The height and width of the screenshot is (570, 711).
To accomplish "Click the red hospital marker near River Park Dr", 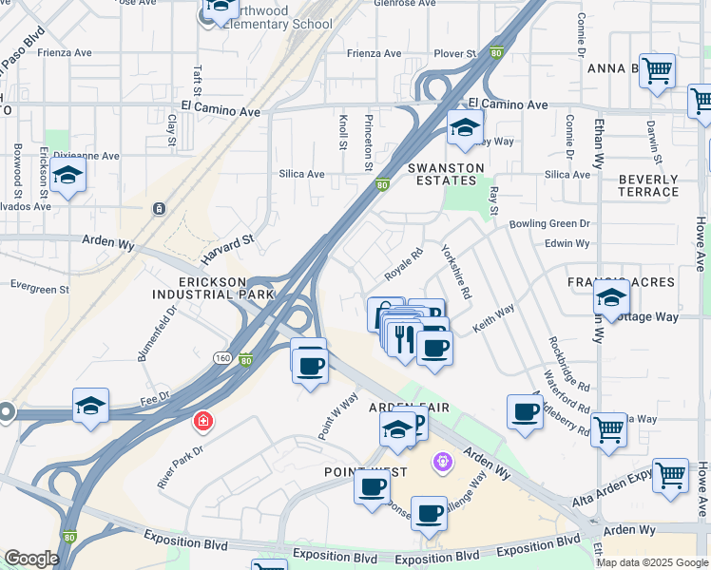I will point(202,420).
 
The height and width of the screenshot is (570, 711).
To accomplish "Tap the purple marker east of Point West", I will point(441,463).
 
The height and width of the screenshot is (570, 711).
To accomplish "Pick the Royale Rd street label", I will point(403,265).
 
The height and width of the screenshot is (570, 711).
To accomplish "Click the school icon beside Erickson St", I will point(67,176).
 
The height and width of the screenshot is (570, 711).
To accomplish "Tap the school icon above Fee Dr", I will point(90,406).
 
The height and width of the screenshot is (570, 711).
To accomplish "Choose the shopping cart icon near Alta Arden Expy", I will point(670,474).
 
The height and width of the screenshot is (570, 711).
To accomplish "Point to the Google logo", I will point(30,559).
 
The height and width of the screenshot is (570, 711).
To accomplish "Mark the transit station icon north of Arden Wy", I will point(159,208).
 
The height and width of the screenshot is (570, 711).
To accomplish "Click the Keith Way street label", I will point(493,316).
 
